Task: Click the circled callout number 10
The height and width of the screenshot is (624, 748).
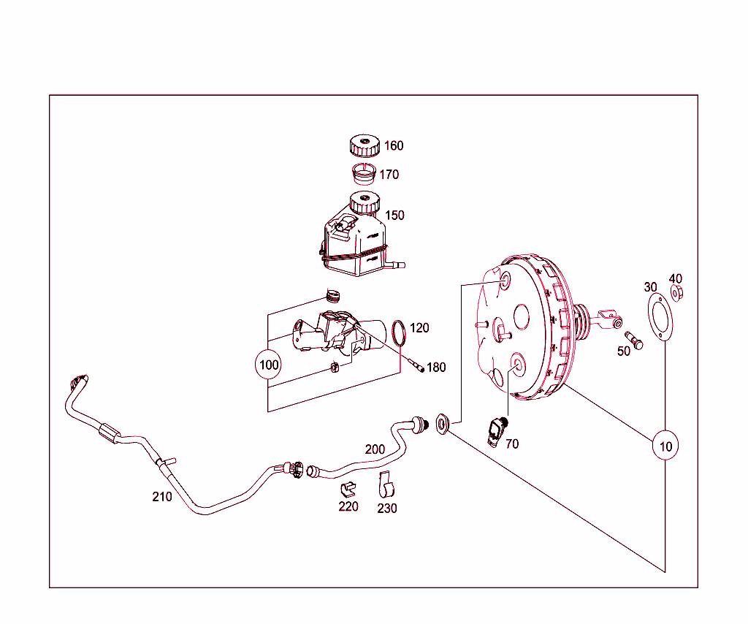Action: pos(665,445)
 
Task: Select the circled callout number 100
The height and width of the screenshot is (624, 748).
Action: pos(270,365)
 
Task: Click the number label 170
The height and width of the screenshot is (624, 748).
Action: pos(389,175)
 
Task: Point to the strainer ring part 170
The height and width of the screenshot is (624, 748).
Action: pos(363,174)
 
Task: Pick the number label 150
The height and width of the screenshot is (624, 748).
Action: pos(394,216)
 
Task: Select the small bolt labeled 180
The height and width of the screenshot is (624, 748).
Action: pos(417,365)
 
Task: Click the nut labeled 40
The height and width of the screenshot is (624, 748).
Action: pos(676,294)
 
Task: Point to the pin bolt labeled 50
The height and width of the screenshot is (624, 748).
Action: pos(633,340)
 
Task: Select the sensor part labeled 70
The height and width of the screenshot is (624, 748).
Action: pos(498,430)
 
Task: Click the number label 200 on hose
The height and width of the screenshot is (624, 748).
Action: pos(375,449)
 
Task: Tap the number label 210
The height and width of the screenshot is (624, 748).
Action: pos(162,497)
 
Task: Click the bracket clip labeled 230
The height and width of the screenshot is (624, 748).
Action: pos(386,483)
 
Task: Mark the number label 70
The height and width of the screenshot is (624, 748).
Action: pos(512,444)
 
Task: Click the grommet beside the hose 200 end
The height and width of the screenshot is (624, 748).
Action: pos(442,423)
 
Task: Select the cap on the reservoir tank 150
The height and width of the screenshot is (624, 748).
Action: pos(365,202)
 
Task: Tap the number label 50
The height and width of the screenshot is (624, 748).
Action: pos(624,351)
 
